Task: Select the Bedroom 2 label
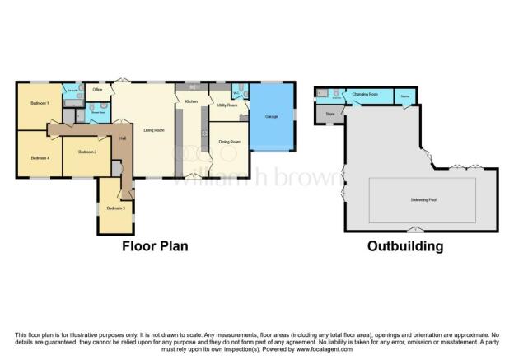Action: click(x=87, y=152)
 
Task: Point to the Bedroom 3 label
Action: click(x=115, y=208)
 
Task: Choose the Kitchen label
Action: click(x=191, y=101)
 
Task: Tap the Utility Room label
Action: click(x=227, y=105)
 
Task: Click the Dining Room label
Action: click(x=228, y=142)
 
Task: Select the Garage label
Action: click(x=271, y=117)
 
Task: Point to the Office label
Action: click(x=97, y=89)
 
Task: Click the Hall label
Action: click(x=122, y=138)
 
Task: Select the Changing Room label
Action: click(x=365, y=95)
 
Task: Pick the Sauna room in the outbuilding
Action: click(x=404, y=96)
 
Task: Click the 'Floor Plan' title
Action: click(x=156, y=245)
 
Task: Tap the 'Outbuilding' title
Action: click(x=406, y=245)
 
